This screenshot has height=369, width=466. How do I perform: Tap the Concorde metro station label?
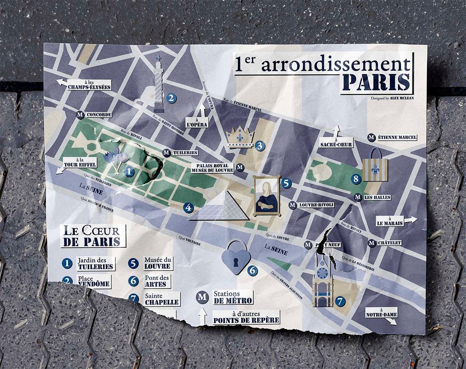pyautogui.click(x=99, y=115)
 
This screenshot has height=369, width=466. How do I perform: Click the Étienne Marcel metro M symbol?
pyautogui.click(x=372, y=137)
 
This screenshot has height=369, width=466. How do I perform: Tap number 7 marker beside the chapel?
pyautogui.click(x=340, y=301)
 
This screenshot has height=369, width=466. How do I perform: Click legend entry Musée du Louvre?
pyautogui.click(x=157, y=263)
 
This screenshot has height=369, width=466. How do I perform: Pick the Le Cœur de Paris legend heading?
pyautogui.click(x=93, y=236)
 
